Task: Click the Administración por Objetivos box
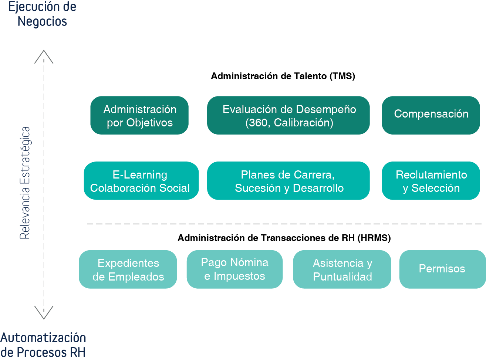click(139, 115)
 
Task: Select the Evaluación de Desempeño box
click(288, 115)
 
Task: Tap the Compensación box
click(431, 115)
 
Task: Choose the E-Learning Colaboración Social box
click(141, 181)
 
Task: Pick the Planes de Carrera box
click(288, 181)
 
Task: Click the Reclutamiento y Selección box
click(431, 181)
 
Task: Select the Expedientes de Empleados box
click(128, 269)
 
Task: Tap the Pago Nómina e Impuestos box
click(234, 269)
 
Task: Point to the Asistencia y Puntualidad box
click(342, 269)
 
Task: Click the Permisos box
click(442, 269)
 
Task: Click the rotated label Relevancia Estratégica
click(25, 183)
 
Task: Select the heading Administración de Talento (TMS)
click(283, 76)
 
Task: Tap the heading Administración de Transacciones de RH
click(266, 238)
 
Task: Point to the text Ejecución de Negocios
click(42, 14)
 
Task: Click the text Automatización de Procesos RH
click(43, 345)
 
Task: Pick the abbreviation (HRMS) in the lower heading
click(374, 238)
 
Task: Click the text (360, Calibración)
click(289, 123)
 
